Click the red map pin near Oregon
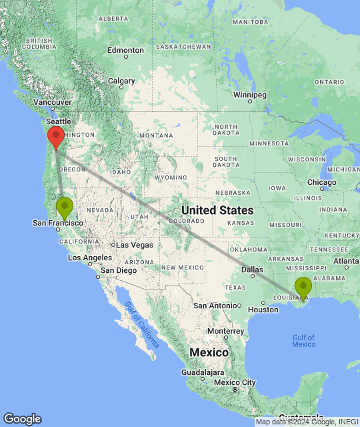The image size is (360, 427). click(56, 135)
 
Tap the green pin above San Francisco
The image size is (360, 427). click(65, 206)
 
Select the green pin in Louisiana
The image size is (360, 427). click(303, 287)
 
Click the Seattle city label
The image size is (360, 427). click(58, 122)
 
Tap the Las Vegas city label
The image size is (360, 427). click(135, 245)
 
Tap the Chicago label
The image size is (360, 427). click(322, 182)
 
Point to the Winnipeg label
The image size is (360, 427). click(250, 95)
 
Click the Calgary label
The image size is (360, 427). click(121, 81)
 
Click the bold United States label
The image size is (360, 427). click(217, 209)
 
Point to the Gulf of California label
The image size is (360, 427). click(142, 324)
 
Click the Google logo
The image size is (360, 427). click(22, 418)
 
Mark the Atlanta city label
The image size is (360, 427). click(346, 260)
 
